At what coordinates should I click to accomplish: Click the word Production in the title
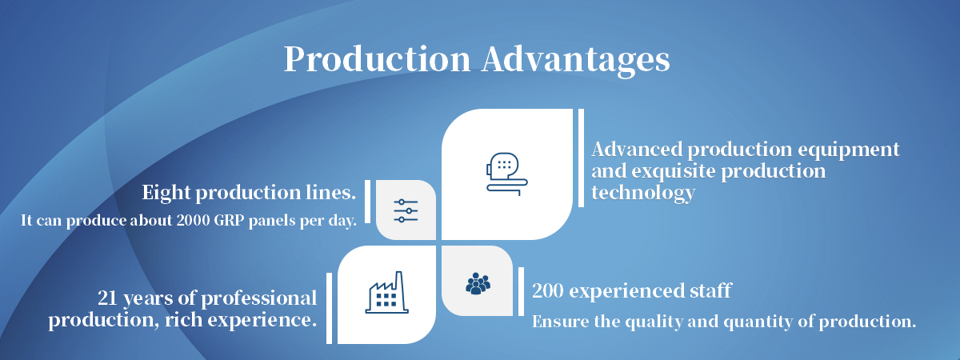(x=378, y=58)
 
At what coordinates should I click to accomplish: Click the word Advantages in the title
(x=575, y=61)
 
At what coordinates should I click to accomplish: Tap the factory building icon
(x=387, y=292)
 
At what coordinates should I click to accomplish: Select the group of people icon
(x=478, y=284)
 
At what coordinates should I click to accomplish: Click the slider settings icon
(x=406, y=210)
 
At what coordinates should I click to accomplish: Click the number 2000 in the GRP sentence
(x=193, y=220)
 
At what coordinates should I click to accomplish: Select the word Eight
(x=166, y=194)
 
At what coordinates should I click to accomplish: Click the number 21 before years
(x=107, y=298)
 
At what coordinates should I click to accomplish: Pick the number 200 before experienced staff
(x=548, y=290)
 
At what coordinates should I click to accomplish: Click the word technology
(x=643, y=193)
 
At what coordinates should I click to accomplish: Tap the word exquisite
(x=674, y=171)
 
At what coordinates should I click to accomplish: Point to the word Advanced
(x=637, y=150)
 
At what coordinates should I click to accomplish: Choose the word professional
(x=259, y=298)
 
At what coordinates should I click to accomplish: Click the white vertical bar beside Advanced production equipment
(x=581, y=158)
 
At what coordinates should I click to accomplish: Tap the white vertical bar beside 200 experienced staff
(x=521, y=291)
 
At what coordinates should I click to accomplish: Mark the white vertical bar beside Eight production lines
(x=367, y=202)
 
